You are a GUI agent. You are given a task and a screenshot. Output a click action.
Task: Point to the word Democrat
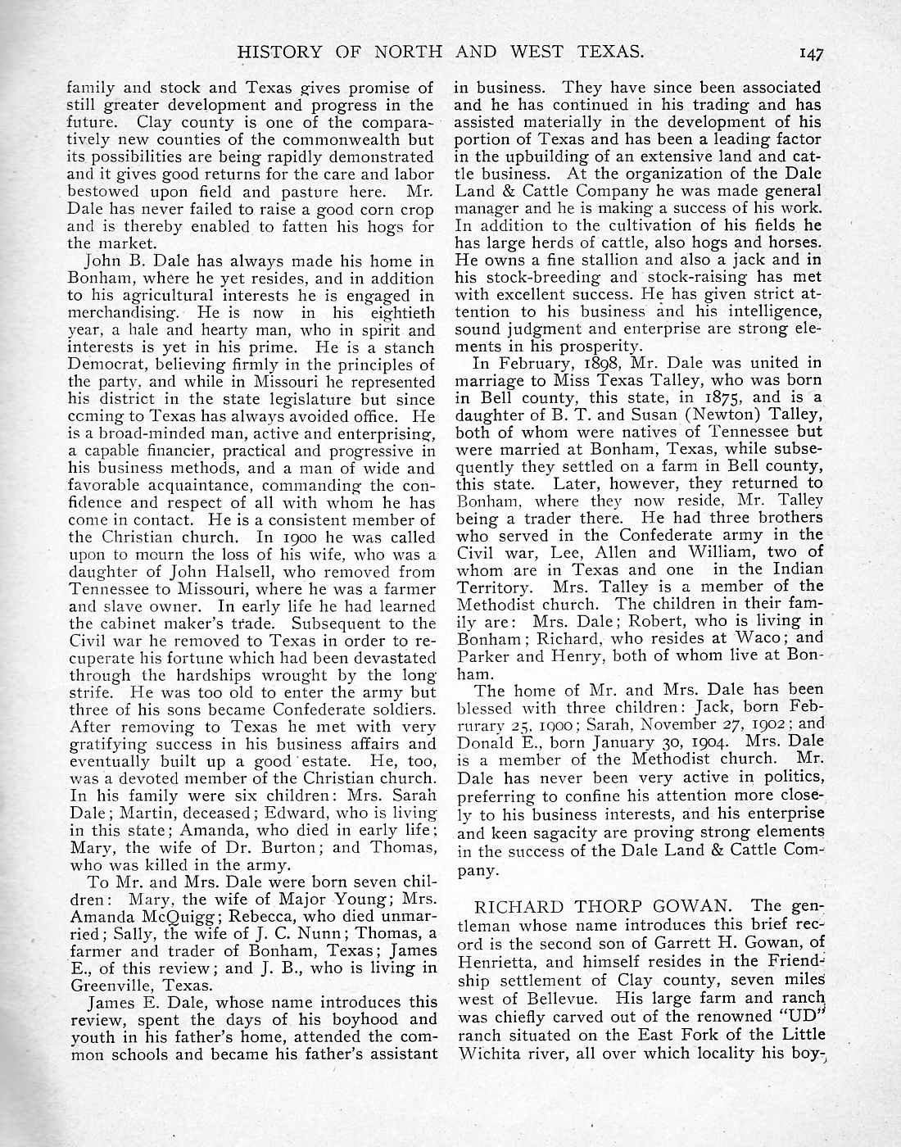[102, 365]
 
